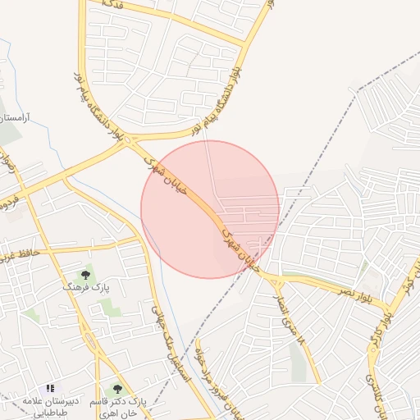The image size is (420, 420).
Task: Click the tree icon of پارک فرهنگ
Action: (x=85, y=275)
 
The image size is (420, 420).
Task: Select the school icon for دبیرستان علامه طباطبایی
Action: (x=50, y=388)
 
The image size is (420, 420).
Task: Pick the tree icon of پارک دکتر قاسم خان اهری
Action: (x=116, y=389)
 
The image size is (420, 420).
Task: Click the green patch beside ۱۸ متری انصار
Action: (x=296, y=362)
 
